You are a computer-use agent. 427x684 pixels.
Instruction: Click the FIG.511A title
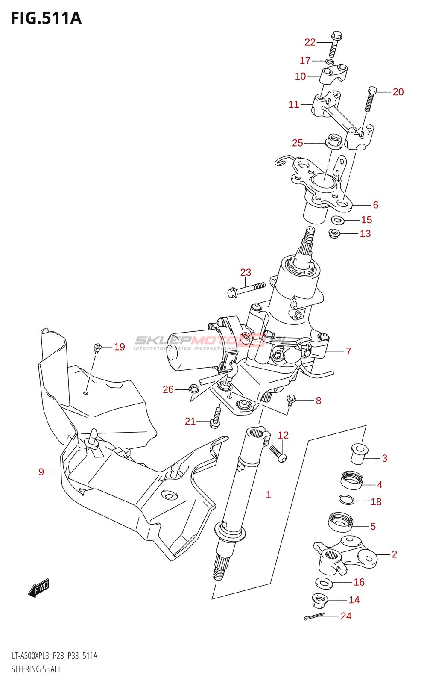46,18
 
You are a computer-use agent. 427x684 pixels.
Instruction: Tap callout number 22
310,42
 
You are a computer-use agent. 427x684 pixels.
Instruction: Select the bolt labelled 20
370,98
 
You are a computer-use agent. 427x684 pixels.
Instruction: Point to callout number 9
41,472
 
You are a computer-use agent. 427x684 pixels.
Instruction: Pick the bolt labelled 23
246,289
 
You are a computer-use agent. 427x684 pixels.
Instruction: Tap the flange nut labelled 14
319,601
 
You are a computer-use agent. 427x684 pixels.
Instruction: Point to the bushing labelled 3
359,454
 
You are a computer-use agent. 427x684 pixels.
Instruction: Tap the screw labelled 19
98,348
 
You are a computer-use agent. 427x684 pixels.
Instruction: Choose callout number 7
348,351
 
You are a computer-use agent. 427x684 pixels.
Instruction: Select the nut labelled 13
334,233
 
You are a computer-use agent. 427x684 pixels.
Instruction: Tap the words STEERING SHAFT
36,669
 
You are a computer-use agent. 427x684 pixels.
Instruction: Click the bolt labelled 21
216,418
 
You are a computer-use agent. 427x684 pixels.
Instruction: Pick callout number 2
395,554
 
